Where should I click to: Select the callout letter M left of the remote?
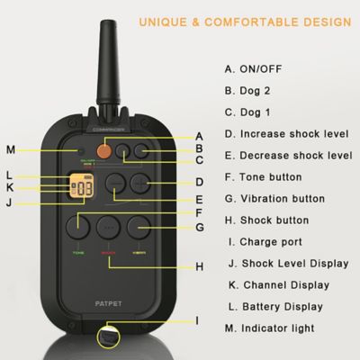coord(10,148)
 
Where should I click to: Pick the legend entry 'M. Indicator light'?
coord(276,328)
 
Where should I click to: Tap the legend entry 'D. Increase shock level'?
coord(292,133)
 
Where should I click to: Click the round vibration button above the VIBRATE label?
coord(139,225)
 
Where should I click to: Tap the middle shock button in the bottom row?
coord(108,225)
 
